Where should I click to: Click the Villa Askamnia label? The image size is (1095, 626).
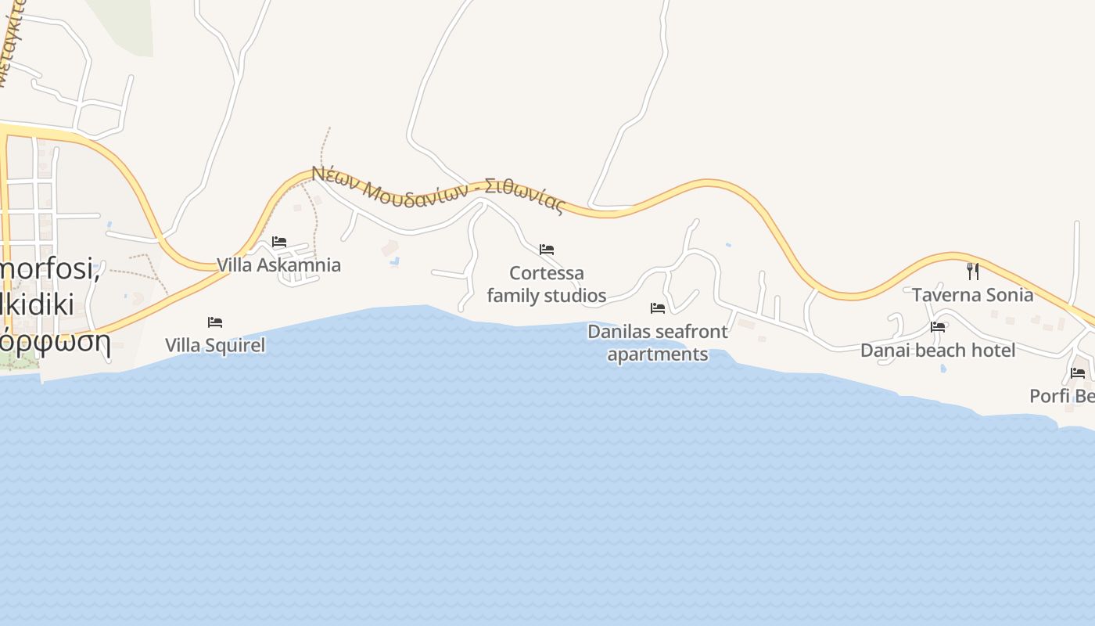[x=278, y=265]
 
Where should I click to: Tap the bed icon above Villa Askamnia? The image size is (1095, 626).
[x=279, y=242]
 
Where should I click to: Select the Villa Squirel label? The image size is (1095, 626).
[x=215, y=345]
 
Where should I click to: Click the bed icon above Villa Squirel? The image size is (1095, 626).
[x=215, y=322]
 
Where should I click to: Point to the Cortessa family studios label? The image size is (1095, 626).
[x=547, y=284]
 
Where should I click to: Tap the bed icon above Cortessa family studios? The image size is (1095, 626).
[x=547, y=250]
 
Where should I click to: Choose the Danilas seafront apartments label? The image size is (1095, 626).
[x=658, y=343]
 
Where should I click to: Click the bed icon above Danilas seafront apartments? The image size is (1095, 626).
[x=658, y=308]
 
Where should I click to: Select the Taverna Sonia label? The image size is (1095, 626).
[x=972, y=295]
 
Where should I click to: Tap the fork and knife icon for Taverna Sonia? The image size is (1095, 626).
[x=972, y=272]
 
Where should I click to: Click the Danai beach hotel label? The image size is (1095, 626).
[x=938, y=350]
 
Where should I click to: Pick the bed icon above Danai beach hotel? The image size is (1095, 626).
[x=938, y=326]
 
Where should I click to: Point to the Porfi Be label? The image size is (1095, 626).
[x=1061, y=396]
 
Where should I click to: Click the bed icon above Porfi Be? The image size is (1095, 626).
[x=1078, y=372]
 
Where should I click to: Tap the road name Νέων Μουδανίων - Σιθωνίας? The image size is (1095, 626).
[x=438, y=189]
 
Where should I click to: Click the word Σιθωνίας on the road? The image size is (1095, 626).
[x=524, y=196]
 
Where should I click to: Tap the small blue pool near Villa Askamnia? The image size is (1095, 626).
[x=395, y=261]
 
